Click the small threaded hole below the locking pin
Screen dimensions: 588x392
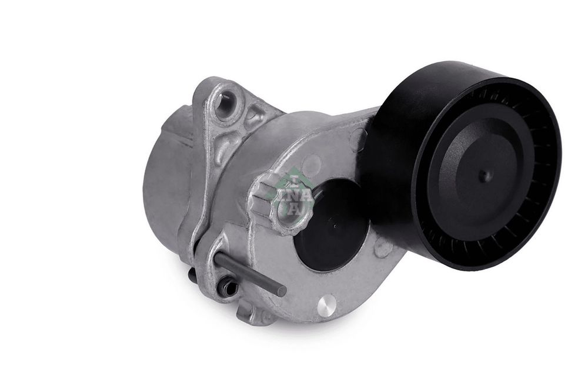pos(227,287)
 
